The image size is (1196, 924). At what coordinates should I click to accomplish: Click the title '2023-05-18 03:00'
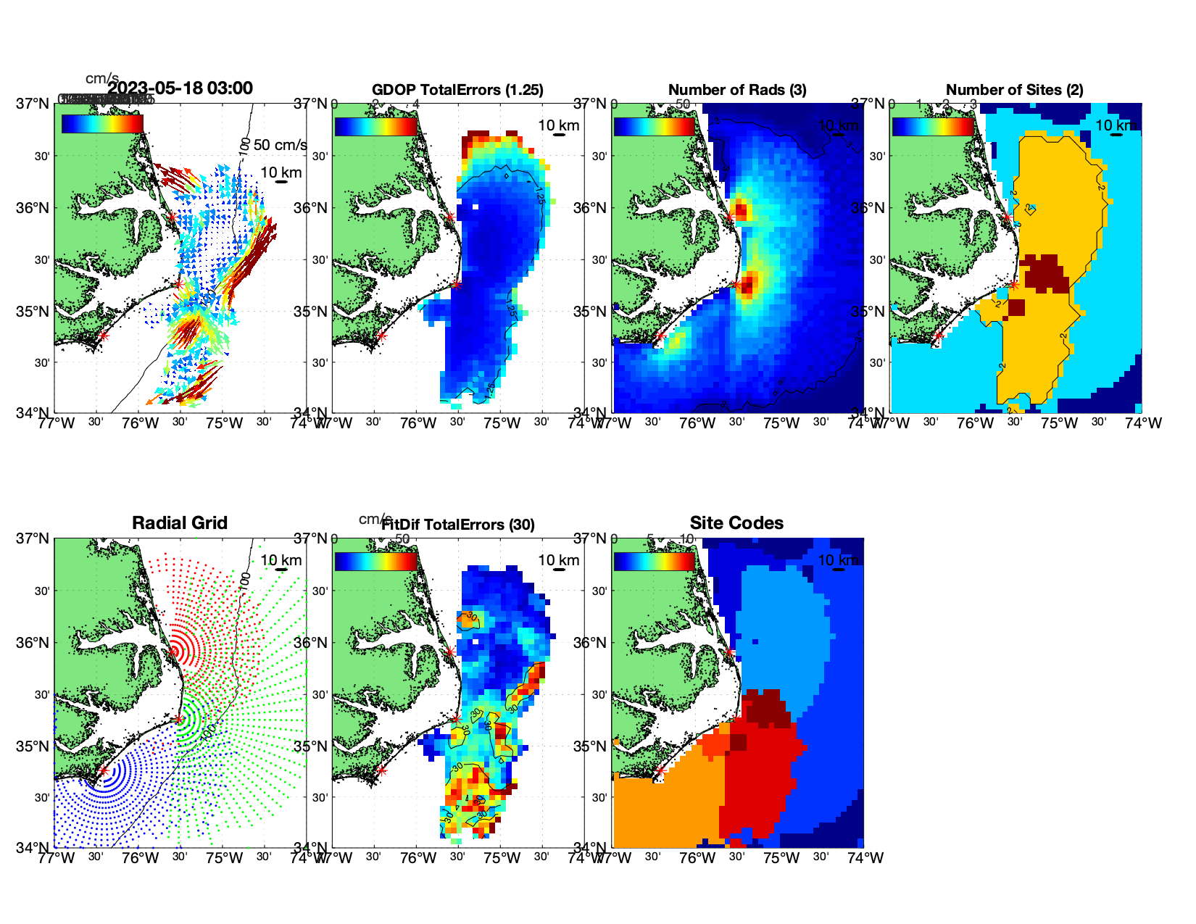[x=180, y=88]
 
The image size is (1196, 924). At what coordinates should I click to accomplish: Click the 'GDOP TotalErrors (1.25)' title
[x=457, y=90]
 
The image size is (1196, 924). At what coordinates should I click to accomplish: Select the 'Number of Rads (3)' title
[x=737, y=90]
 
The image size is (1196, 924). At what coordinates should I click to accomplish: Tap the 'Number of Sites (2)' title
[x=1015, y=90]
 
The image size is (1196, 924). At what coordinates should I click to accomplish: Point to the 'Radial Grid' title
[x=180, y=523]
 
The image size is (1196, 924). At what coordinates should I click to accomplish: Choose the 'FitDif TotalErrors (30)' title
[x=458, y=525]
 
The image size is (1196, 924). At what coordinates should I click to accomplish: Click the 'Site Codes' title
[x=736, y=523]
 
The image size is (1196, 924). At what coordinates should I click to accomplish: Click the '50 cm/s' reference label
[x=281, y=145]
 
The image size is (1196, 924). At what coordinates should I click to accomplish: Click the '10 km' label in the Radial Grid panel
[x=281, y=560]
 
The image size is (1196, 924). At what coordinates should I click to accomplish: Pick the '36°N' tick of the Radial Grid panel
[x=34, y=643]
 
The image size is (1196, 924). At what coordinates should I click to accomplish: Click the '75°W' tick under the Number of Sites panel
[x=1059, y=423]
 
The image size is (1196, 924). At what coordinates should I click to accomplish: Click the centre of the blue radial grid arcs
[x=103, y=771]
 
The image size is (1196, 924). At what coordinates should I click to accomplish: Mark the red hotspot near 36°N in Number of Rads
[x=740, y=211]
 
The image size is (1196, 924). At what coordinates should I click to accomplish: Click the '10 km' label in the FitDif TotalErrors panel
[x=559, y=560]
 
